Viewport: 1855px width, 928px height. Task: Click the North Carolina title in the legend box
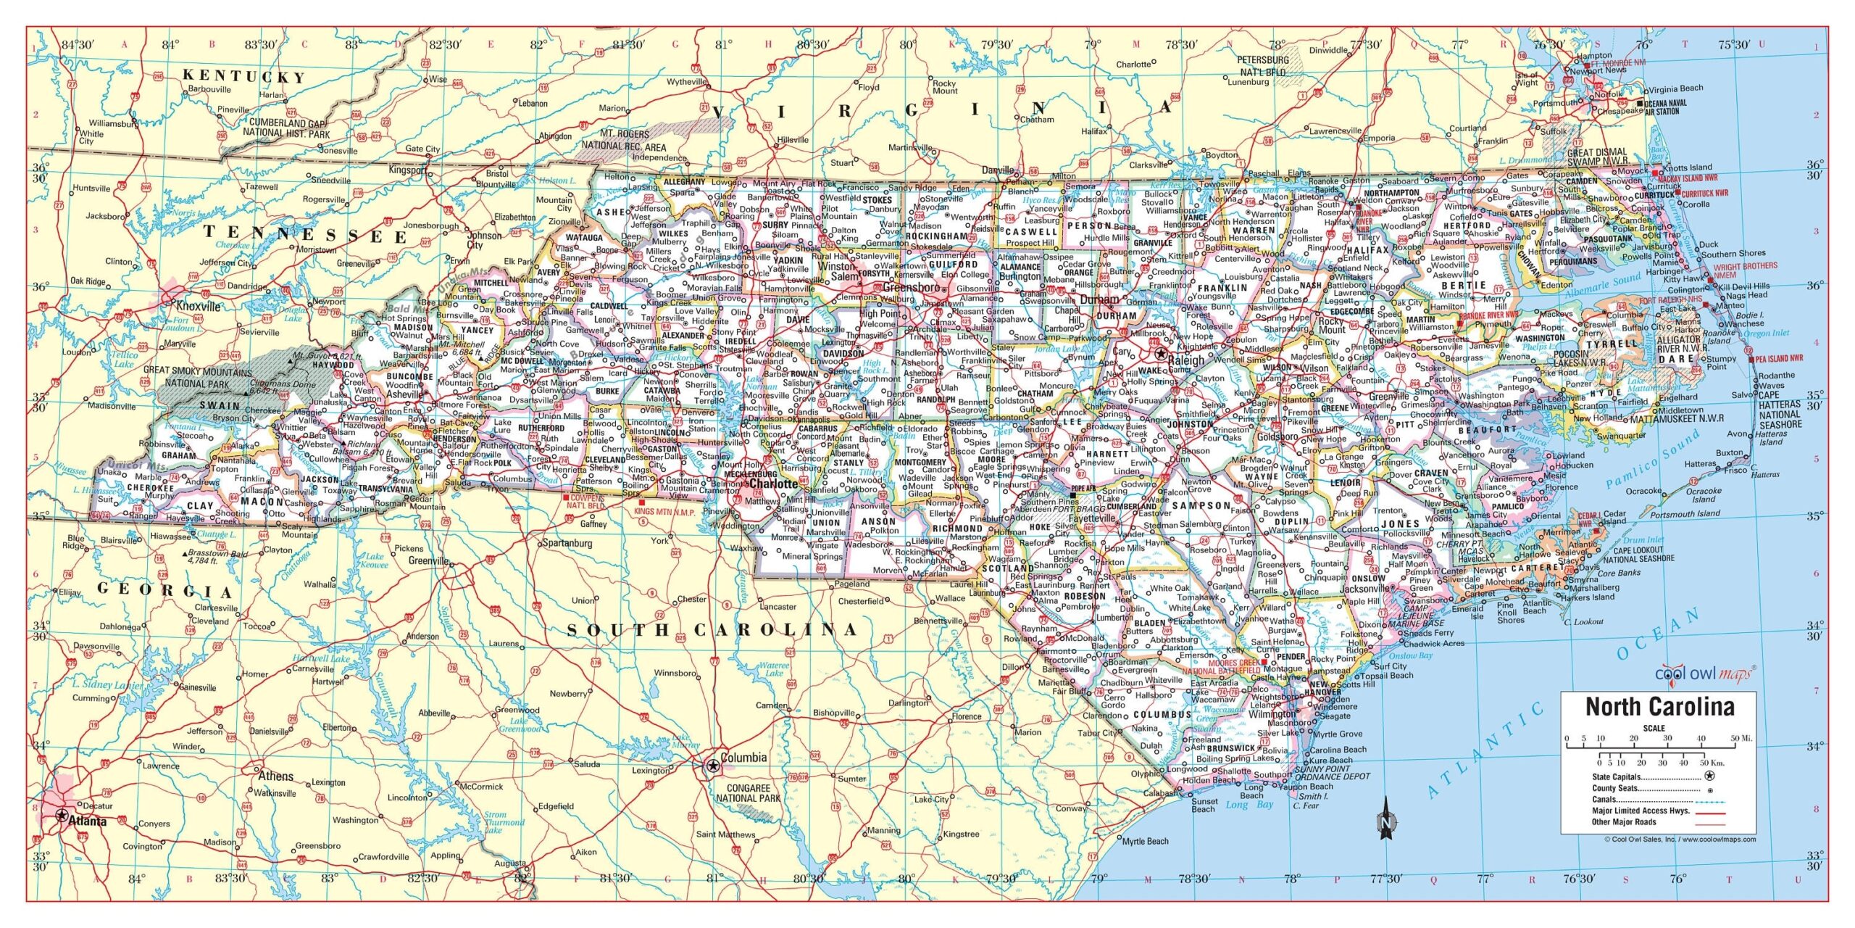[x=1659, y=706]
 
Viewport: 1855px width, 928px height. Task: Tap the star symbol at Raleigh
[x=1160, y=354]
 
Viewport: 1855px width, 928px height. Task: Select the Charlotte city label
[x=774, y=483]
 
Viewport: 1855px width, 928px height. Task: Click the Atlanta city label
[x=87, y=821]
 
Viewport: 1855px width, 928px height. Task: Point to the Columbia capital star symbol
[x=713, y=765]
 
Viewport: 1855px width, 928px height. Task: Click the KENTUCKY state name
[x=243, y=75]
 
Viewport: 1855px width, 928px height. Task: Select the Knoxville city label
[x=199, y=306]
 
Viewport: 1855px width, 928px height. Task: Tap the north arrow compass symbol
[x=1385, y=819]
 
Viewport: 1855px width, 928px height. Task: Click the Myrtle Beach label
[x=1145, y=841]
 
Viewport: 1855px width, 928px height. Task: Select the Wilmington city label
[x=1271, y=713]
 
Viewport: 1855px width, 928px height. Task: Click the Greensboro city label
[x=911, y=287]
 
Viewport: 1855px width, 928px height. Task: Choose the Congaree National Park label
[x=748, y=792]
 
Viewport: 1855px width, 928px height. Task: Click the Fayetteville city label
[x=1091, y=518]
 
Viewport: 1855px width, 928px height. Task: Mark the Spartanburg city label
[x=567, y=542]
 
